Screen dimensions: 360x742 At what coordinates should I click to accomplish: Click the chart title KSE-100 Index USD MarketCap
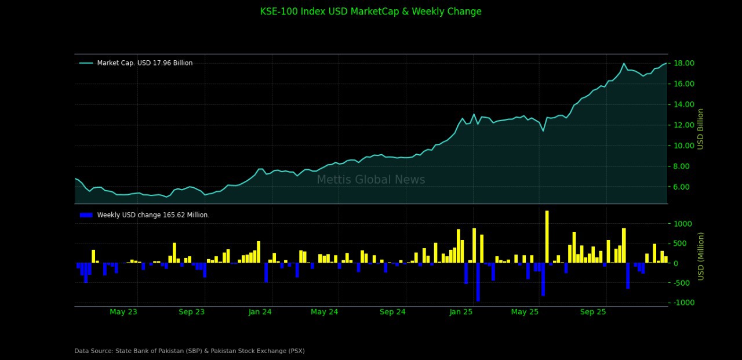pos(370,12)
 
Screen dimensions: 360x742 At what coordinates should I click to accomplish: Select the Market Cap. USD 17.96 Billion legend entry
pos(144,63)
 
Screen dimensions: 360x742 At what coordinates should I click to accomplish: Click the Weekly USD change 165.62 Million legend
pos(153,215)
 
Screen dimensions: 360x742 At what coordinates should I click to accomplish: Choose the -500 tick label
pos(682,283)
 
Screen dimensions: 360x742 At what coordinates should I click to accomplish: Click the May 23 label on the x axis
pos(123,312)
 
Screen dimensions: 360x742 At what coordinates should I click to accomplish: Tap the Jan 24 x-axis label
pos(260,312)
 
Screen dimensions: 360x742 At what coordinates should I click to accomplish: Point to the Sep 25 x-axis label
pos(593,312)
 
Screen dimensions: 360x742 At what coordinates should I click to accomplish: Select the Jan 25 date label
pos(461,312)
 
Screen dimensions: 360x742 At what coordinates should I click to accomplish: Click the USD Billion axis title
pos(701,129)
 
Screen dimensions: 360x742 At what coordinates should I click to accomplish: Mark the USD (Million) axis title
pos(701,256)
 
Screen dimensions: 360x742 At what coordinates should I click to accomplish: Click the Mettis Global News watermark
pos(371,180)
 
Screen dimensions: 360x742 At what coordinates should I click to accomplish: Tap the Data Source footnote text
pos(190,351)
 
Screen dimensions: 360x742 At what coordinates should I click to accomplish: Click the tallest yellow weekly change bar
pos(547,237)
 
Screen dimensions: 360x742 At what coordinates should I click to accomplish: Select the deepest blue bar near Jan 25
pos(478,282)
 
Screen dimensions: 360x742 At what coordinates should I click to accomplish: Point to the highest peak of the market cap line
pos(624,64)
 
